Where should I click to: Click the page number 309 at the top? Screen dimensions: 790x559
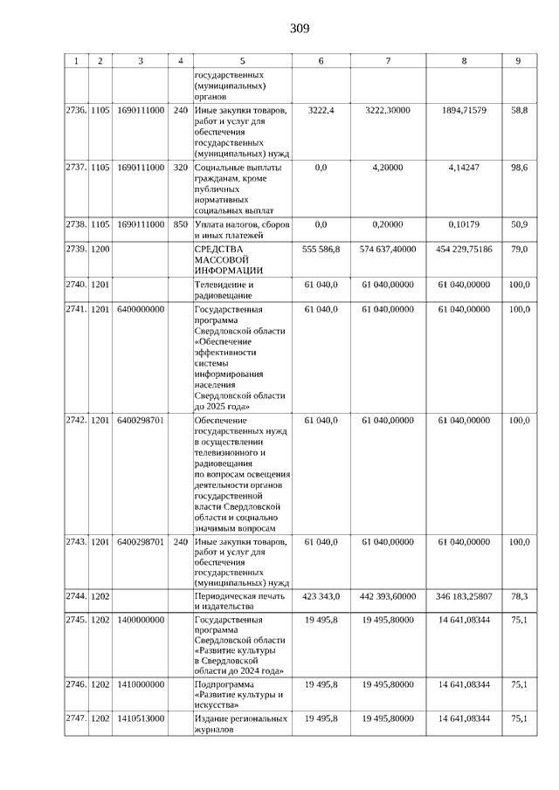tap(300, 29)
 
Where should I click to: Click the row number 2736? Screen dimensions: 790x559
tap(76, 112)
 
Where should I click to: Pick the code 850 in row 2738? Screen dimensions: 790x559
tap(181, 224)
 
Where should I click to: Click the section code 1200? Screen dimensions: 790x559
tap(100, 249)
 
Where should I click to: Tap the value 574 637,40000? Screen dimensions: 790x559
tap(388, 249)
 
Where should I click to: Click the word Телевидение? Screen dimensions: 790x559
tap(223, 285)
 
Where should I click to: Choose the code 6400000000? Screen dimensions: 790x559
tap(140, 309)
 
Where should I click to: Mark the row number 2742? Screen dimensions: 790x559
tap(76, 420)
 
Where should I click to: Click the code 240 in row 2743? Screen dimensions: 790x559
tap(181, 542)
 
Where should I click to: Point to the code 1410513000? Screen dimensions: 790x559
tap(140, 718)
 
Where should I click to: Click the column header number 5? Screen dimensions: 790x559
tap(242, 60)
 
